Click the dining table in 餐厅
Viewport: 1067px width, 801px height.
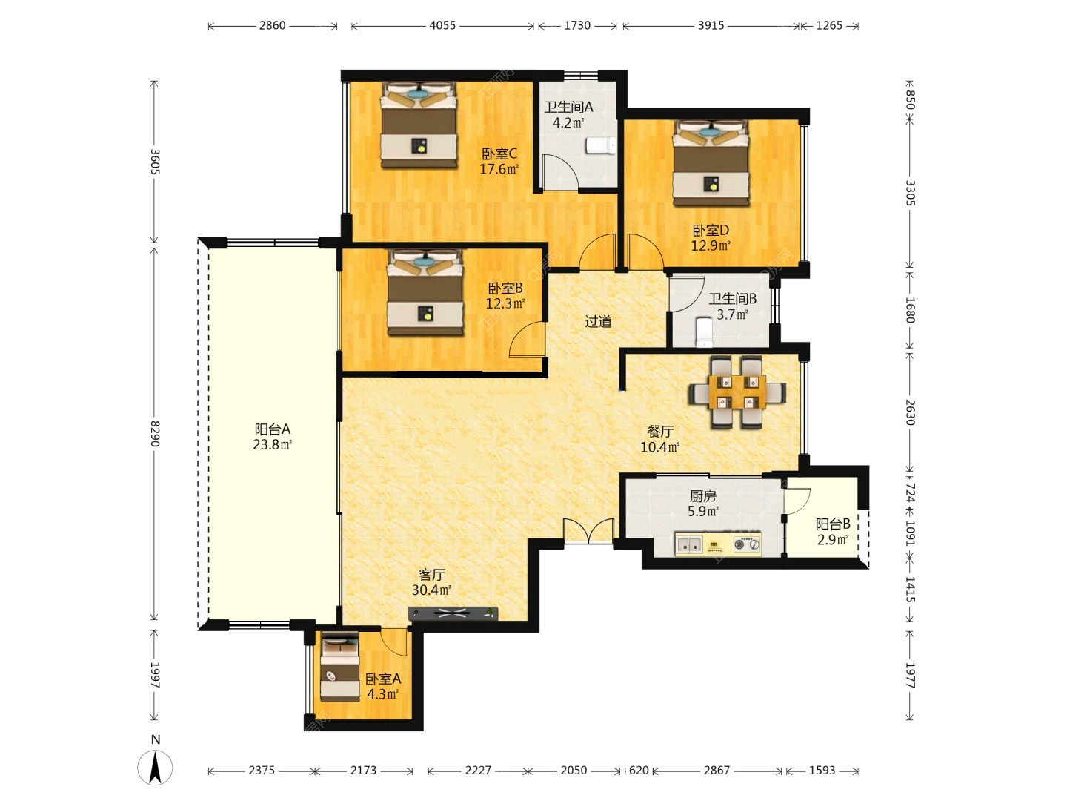coord(737,392)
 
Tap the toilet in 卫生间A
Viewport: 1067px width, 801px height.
coord(601,145)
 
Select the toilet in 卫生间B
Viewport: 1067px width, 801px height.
coord(703,332)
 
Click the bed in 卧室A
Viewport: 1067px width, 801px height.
coord(340,666)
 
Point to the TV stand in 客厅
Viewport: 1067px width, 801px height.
coord(453,613)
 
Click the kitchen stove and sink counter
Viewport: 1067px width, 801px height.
coord(718,544)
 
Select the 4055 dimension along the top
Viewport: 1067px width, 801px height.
coord(442,25)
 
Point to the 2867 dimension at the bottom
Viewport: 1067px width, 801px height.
coord(717,770)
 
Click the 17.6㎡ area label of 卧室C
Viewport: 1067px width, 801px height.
coord(499,169)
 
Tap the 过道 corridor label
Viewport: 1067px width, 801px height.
coord(598,321)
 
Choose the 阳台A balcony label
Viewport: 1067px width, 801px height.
coord(272,429)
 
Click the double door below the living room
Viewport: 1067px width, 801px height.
coord(588,531)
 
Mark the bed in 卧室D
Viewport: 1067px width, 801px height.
coord(711,163)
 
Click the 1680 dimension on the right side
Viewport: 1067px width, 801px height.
coord(910,310)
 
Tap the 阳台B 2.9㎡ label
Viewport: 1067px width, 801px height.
coord(833,532)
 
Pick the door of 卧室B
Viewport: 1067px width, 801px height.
coord(527,340)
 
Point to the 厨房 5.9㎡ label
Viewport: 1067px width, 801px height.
coord(703,504)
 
